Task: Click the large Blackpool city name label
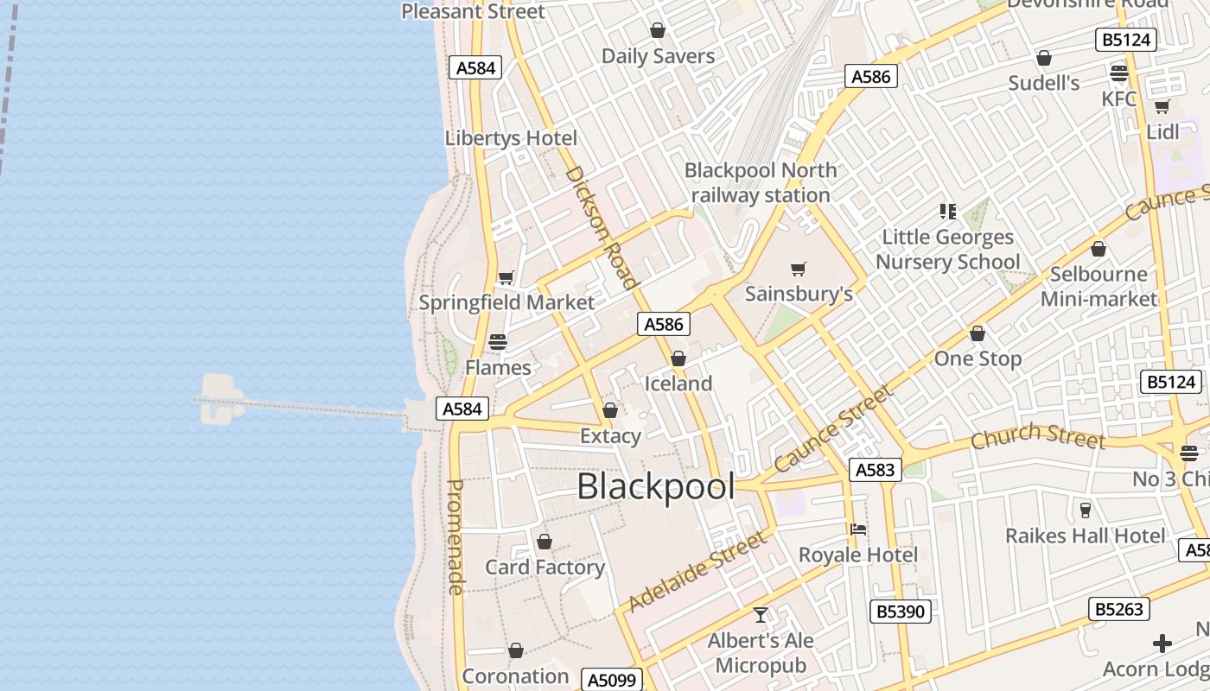[655, 487]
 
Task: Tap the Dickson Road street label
[602, 227]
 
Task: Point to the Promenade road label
[455, 536]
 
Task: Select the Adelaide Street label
[697, 572]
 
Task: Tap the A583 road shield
[876, 470]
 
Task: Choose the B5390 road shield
[901, 612]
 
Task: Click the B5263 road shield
[1119, 609]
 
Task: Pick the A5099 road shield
[612, 680]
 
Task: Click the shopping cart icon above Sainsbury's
[799, 269]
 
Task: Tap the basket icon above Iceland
[678, 358]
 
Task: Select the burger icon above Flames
[498, 342]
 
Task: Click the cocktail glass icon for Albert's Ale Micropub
[761, 615]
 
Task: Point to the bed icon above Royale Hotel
[858, 529]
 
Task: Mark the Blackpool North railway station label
[761, 183]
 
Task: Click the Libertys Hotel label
[511, 138]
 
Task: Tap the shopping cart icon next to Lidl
[1162, 107]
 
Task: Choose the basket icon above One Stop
[978, 333]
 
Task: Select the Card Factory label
[544, 567]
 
